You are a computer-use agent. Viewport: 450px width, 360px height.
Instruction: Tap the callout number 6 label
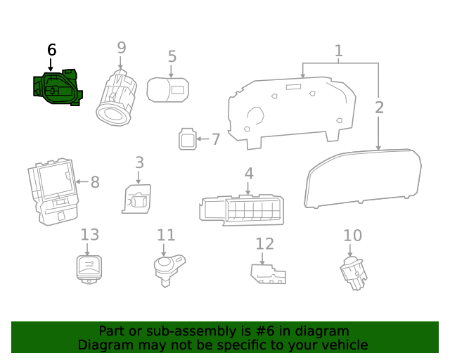(51, 50)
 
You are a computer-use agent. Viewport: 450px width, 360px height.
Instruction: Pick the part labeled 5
(167, 89)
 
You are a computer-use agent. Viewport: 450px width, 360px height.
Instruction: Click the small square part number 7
(187, 139)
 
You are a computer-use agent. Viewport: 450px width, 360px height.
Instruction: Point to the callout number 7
(216, 139)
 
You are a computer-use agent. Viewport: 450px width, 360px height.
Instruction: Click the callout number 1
(338, 51)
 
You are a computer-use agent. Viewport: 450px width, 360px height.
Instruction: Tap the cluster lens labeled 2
(364, 179)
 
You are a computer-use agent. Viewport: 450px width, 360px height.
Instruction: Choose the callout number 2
(379, 108)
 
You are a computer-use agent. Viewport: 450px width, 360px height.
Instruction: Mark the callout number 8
(95, 183)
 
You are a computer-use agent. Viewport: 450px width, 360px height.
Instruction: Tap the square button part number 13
(88, 268)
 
